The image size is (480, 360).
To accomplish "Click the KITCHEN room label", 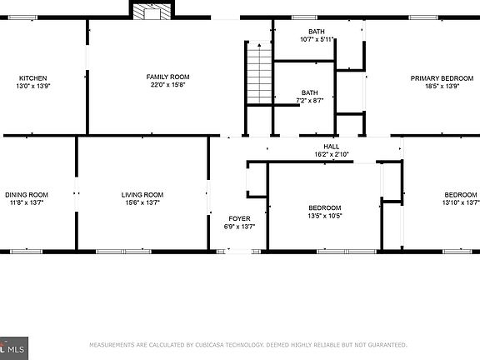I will [32, 77].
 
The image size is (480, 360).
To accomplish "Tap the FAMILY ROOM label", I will [162, 77].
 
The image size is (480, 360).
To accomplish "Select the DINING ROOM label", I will [27, 195].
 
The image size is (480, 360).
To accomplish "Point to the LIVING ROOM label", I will [142, 195].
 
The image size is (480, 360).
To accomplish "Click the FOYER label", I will [238, 219].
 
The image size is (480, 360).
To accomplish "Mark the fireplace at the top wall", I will [151, 11].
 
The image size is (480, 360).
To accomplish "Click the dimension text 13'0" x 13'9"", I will [33, 85].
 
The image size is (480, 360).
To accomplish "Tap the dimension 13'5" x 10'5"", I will [324, 216].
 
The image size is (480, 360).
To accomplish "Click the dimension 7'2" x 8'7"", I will [310, 101].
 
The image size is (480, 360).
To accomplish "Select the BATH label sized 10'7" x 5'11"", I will [317, 32].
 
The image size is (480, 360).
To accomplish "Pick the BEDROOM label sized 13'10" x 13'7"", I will [460, 195].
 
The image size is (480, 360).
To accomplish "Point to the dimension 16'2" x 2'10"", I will [331, 154].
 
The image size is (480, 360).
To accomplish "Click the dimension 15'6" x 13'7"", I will [142, 202].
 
